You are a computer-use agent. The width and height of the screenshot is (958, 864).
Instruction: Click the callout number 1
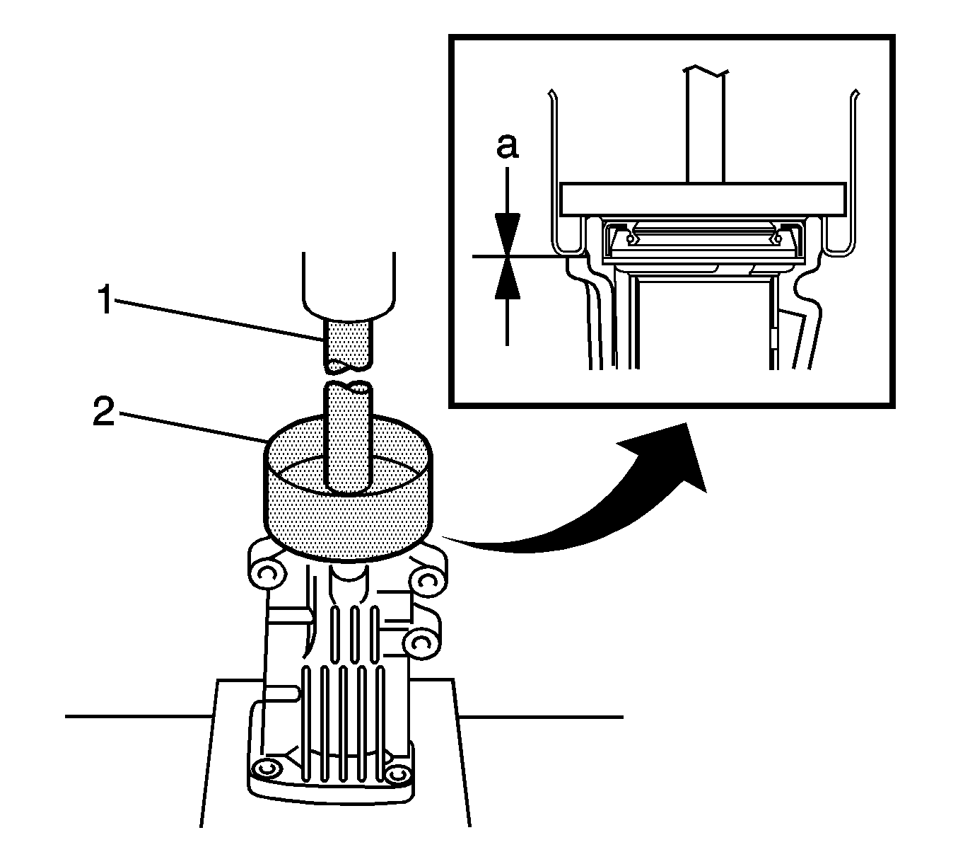pos(104,301)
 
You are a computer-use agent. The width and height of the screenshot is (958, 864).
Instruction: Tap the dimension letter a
pos(507,146)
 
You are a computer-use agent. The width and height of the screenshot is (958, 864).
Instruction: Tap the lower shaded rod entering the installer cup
pos(346,439)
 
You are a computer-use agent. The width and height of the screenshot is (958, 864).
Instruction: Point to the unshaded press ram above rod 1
pos(346,283)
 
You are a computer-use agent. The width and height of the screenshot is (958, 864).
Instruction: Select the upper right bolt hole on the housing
pos(426,582)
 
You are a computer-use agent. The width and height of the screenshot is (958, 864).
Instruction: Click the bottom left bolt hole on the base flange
pos(268,768)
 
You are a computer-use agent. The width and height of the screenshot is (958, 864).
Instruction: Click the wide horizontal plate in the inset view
pos(702,200)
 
